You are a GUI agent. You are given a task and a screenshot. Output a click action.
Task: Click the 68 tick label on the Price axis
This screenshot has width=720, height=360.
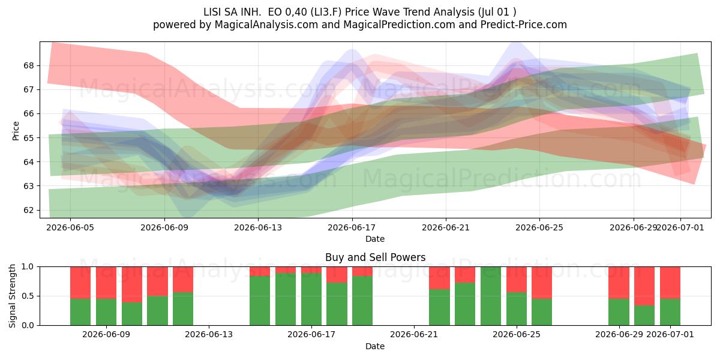(28, 65)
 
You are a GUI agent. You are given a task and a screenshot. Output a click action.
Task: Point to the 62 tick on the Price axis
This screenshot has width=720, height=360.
(28, 210)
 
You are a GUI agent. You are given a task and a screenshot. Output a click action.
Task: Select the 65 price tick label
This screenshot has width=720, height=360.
(28, 138)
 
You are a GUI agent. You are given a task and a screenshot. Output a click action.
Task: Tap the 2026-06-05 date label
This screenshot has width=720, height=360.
(70, 227)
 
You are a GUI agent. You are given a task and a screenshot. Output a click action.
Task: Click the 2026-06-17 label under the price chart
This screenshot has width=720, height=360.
(352, 227)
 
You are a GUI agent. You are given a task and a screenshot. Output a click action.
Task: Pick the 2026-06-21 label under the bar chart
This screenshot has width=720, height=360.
(414, 334)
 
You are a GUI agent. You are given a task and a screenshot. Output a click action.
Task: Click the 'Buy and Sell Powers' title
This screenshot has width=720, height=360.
(375, 257)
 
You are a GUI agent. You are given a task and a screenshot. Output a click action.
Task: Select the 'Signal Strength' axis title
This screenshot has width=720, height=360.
(12, 296)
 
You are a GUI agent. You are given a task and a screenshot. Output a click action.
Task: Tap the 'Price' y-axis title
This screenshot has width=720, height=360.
(16, 131)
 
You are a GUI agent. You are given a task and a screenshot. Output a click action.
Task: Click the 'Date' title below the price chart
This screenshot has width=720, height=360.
(375, 239)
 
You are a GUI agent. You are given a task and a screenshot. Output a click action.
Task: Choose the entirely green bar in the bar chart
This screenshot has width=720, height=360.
(491, 296)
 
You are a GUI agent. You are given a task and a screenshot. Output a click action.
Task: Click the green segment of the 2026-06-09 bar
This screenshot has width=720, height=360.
(106, 312)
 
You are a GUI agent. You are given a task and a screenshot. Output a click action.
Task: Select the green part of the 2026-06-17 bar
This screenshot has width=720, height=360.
(311, 299)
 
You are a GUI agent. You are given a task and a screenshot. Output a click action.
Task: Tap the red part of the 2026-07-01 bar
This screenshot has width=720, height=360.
(670, 283)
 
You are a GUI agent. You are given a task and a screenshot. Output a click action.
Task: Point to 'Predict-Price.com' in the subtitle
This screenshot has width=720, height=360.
(524, 25)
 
